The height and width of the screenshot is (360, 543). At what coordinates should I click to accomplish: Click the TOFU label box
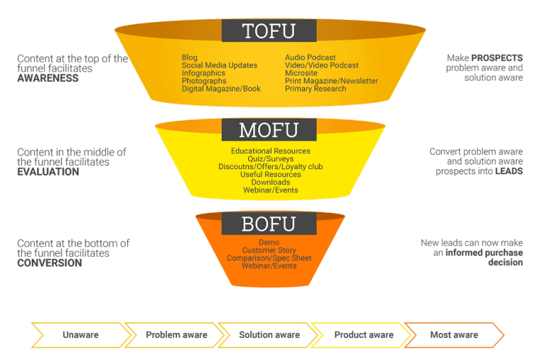tap(269, 31)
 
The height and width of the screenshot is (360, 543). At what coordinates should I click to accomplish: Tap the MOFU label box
tap(269, 130)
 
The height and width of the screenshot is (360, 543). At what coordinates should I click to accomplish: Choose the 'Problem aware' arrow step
tap(176, 335)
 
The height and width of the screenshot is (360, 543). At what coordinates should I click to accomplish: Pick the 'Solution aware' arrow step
tap(269, 335)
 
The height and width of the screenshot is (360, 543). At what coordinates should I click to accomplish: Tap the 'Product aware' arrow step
tap(363, 335)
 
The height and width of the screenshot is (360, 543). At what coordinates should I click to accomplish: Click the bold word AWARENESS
tap(48, 79)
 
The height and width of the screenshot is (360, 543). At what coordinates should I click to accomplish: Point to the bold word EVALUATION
tap(48, 172)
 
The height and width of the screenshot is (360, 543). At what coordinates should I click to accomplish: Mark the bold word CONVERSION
tap(49, 263)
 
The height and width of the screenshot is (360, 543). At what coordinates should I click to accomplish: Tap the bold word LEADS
tap(508, 171)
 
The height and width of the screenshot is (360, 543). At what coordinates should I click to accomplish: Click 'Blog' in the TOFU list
tap(189, 57)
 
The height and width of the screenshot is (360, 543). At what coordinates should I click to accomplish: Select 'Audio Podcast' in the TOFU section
tap(310, 57)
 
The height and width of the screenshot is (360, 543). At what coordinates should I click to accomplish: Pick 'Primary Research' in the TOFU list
tap(315, 89)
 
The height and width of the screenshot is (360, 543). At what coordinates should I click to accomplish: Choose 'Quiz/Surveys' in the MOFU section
tap(270, 159)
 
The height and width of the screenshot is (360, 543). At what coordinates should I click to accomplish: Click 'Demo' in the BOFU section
tap(269, 243)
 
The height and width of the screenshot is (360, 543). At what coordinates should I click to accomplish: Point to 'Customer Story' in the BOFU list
tap(269, 250)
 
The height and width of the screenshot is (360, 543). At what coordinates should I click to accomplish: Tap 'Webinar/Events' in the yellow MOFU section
tap(270, 190)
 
